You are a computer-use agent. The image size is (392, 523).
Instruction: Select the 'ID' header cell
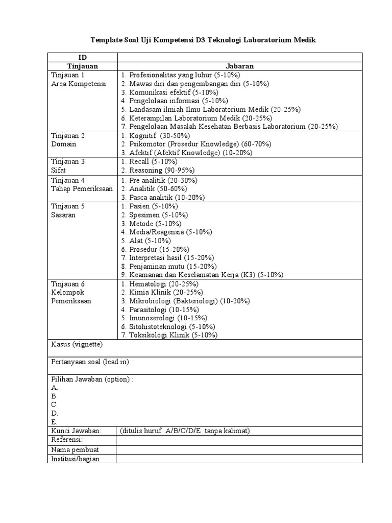point(82,57)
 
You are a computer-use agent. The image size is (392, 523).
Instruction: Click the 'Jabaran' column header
point(240,66)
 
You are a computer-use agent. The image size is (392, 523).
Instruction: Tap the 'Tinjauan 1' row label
point(68,75)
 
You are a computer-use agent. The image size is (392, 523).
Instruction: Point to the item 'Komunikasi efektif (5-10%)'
point(174,92)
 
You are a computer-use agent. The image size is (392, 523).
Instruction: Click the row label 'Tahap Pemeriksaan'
point(82,188)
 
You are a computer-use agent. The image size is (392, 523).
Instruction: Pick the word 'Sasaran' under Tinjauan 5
point(63,215)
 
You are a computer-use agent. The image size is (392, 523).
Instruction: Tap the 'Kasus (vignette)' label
point(77,345)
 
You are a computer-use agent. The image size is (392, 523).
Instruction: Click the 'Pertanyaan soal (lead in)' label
point(92,362)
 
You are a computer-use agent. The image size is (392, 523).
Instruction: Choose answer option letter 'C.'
point(55,405)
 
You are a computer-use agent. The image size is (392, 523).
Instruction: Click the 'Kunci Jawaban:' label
point(77,431)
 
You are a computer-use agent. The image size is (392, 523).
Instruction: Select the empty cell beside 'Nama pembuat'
point(239,449)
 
